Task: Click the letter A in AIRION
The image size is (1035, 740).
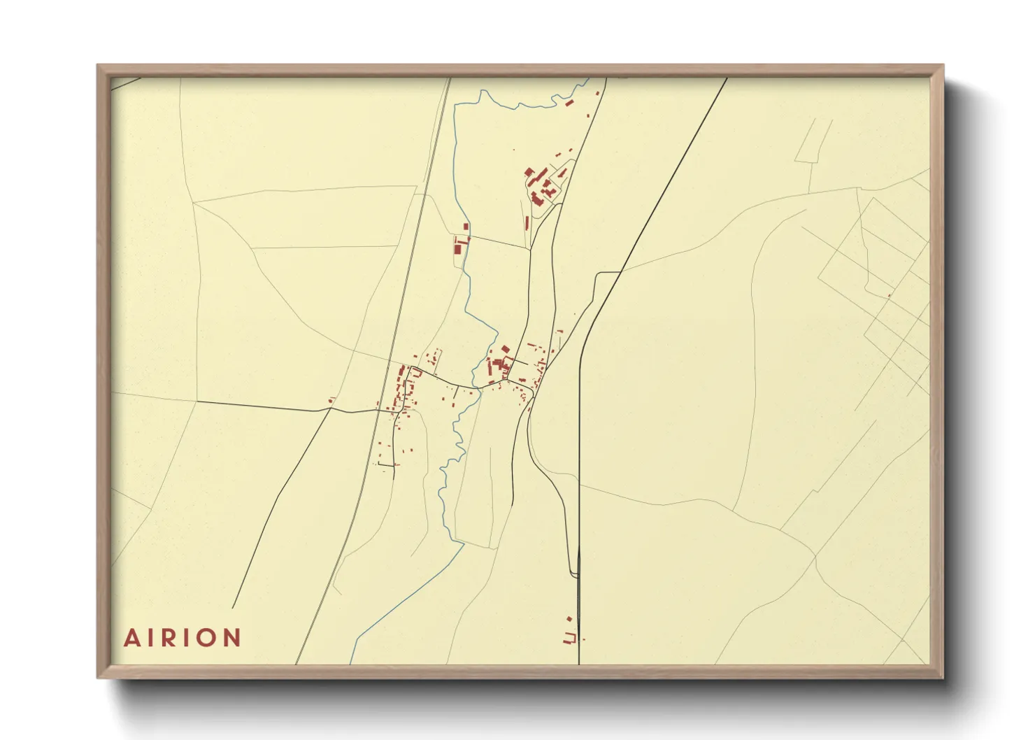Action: [x=131, y=638]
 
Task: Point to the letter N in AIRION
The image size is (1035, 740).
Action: [x=232, y=638]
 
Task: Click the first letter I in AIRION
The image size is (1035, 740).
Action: [x=152, y=638]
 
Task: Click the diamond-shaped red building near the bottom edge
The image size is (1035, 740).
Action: [x=569, y=619]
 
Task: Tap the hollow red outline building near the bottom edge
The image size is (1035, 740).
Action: [x=569, y=637]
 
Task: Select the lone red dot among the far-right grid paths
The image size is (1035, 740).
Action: [x=889, y=295]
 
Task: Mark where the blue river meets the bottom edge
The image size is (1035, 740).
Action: [x=351, y=662]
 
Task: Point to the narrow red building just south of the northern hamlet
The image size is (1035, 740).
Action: [x=527, y=223]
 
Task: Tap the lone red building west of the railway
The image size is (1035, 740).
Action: [x=331, y=400]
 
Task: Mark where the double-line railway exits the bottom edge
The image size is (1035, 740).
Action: [x=297, y=663]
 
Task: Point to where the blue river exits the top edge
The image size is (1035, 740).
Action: [x=586, y=78]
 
